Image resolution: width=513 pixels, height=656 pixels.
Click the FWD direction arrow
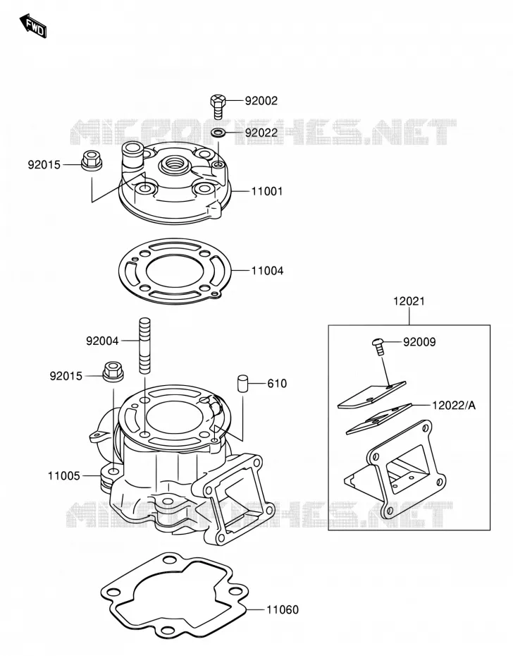click(33, 26)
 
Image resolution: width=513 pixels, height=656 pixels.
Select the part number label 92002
click(261, 101)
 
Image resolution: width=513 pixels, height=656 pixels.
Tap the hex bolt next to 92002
click(218, 107)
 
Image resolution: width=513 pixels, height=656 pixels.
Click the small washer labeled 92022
click(218, 133)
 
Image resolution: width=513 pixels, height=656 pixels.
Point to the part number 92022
click(261, 133)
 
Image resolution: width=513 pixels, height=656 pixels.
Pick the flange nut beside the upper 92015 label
click(91, 161)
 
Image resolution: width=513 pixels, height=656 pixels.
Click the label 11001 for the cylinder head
click(267, 191)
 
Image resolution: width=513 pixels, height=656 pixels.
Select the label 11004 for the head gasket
click(267, 271)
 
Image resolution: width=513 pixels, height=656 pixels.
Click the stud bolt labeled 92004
click(144, 346)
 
